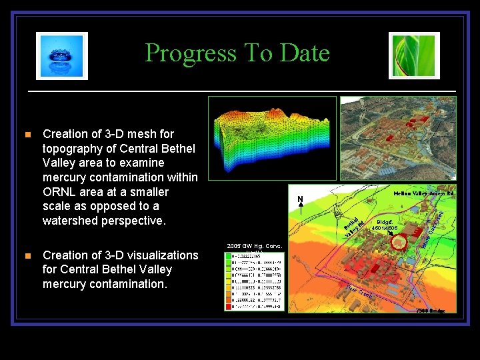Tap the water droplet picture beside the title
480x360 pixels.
pyautogui.click(x=61, y=56)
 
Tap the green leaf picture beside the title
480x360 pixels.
pyautogui.click(x=414, y=56)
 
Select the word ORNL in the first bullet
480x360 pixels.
pyautogui.click(x=62, y=192)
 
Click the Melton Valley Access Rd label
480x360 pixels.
pyautogui.click(x=423, y=193)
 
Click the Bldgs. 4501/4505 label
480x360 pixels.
pyautogui.click(x=387, y=225)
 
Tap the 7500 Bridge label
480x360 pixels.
pyautogui.click(x=430, y=311)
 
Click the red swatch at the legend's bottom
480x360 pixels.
pyautogui.click(x=231, y=306)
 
